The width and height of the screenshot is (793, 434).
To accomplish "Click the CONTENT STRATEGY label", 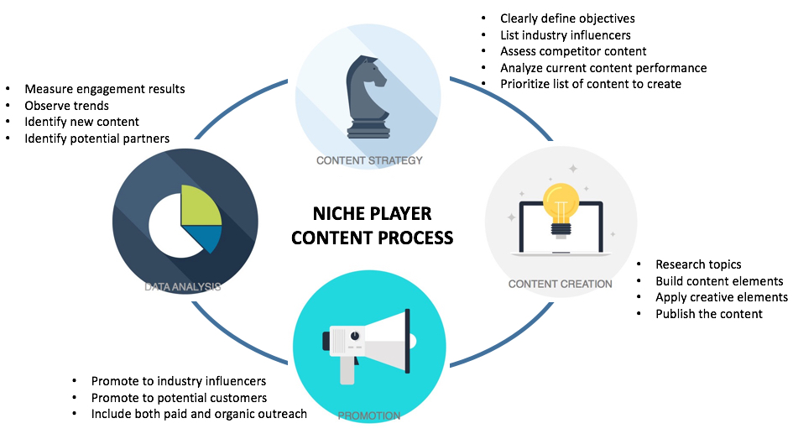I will (x=368, y=160).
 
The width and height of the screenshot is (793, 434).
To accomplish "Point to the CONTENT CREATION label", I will (x=560, y=284).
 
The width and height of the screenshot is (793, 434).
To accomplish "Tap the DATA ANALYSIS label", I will (x=182, y=286).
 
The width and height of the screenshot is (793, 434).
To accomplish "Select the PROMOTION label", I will (x=368, y=415).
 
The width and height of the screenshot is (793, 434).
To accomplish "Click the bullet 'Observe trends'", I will (x=67, y=106).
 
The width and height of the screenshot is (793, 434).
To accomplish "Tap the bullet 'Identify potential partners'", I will (x=97, y=138).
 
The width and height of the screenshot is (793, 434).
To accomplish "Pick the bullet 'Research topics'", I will (x=698, y=264).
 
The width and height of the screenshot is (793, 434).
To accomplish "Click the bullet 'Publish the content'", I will (x=709, y=313).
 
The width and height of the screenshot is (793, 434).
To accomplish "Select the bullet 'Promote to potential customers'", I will (x=179, y=398).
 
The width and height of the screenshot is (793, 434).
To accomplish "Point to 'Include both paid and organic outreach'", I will (x=199, y=414).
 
